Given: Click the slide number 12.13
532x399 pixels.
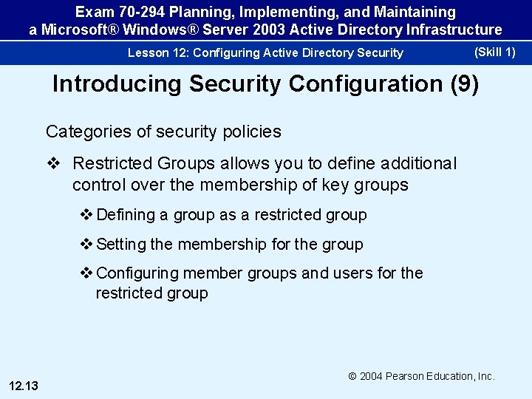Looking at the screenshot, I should pos(24,384).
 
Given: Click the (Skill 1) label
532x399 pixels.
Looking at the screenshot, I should pos(494,52).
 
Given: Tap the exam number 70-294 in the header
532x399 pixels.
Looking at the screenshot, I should pos(140,13).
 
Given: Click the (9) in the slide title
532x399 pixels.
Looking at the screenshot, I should pos(464,83).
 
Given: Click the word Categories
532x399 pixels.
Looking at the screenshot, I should pos(83,132).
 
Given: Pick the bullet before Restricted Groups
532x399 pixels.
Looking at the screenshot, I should pos(56,163).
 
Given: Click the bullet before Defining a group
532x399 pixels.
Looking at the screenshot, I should pos(86,215).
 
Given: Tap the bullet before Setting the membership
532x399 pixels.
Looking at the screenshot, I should pos(86,244).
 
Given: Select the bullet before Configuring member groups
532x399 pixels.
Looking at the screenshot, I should pos(86,273).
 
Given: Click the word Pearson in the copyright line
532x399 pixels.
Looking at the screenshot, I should pos(406,376).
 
